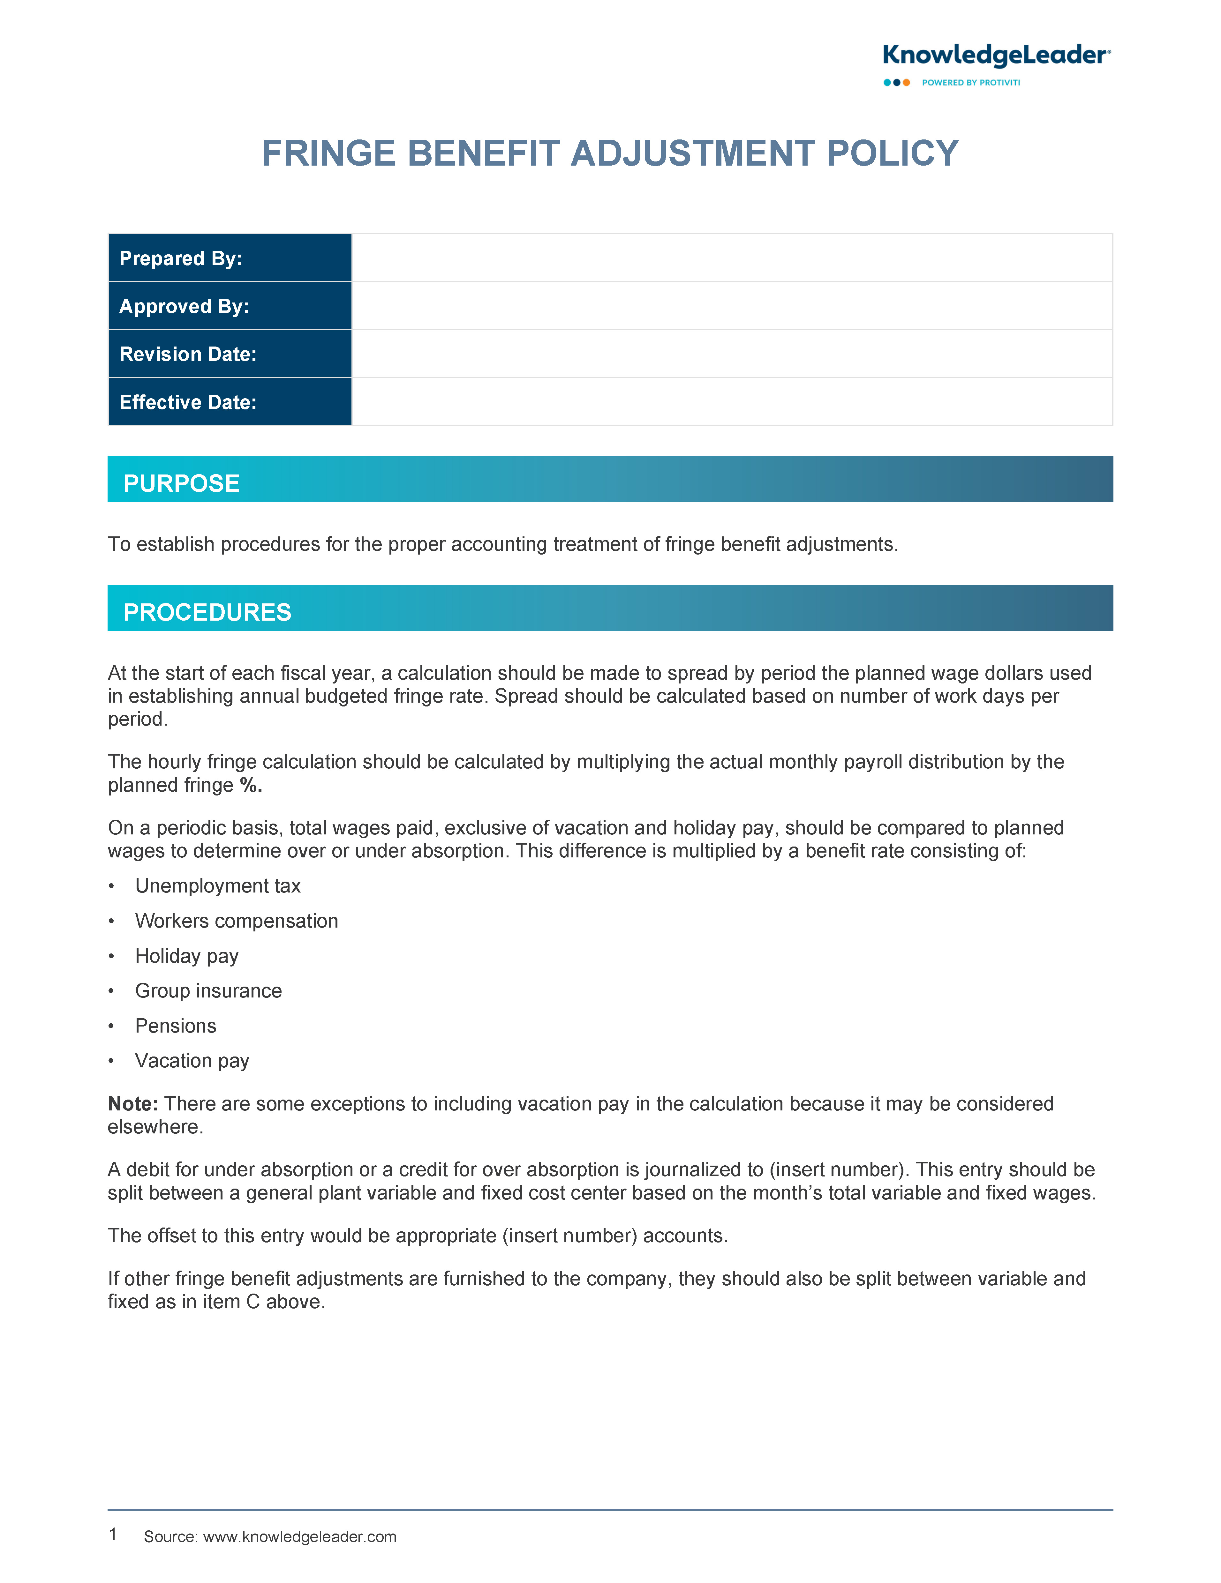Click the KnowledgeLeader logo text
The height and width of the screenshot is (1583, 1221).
pyautogui.click(x=996, y=56)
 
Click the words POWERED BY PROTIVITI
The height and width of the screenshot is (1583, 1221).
pyautogui.click(x=971, y=83)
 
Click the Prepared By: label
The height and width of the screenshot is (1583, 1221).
pyautogui.click(x=181, y=259)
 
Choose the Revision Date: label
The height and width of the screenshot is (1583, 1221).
pyautogui.click(x=188, y=355)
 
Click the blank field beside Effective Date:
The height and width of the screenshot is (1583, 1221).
pyautogui.click(x=732, y=402)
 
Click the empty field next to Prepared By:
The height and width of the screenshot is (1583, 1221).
pyautogui.click(x=732, y=258)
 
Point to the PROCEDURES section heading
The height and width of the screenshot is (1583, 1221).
pyautogui.click(x=207, y=612)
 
